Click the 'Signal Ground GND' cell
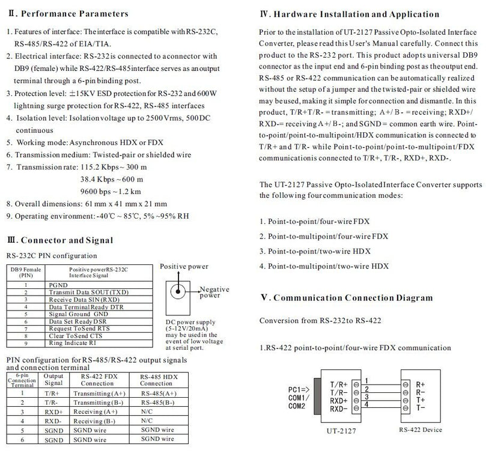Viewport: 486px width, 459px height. coord(79,314)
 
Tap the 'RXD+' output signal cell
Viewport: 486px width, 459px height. coord(53,412)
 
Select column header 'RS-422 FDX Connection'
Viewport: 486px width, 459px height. coord(97,380)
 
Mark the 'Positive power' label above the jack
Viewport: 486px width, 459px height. coord(184,266)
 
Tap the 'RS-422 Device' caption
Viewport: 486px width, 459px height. coord(421,430)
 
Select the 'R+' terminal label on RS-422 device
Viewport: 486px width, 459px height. coord(421,383)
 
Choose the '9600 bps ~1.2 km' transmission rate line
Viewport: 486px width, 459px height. coord(111,192)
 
